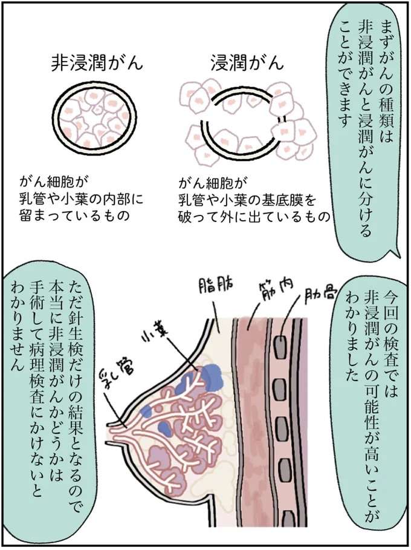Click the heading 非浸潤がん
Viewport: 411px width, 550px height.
click(x=97, y=63)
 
